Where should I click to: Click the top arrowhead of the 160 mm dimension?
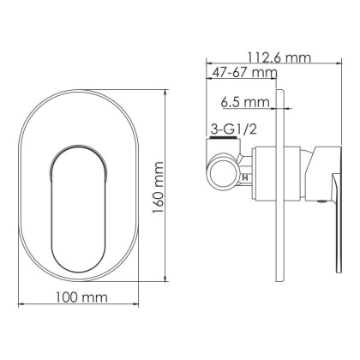(x=162, y=91)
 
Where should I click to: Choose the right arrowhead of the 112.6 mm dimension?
(x=333, y=63)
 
